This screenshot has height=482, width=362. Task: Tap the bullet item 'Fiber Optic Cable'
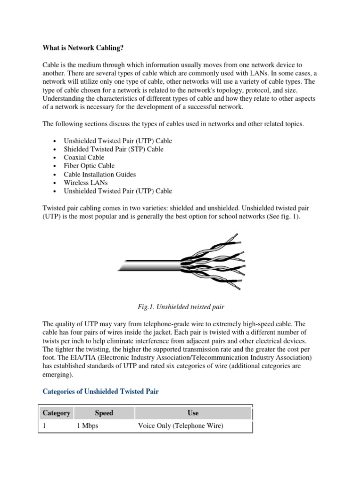[x=89, y=166]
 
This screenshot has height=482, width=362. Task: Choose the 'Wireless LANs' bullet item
[x=85, y=183]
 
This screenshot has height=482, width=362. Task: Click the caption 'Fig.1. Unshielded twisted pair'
[x=181, y=307]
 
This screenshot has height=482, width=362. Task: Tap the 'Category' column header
[x=56, y=413]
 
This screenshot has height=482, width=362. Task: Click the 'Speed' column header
[x=104, y=413]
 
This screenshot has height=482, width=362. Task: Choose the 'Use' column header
[x=193, y=413]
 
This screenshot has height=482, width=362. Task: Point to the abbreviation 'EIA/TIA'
[x=71, y=358]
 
